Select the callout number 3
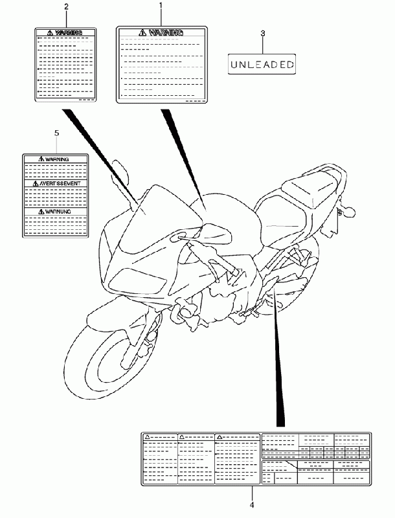point(263,33)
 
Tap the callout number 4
point(251,504)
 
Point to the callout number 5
point(56,133)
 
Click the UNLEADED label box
point(263,64)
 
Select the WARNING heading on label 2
point(67,32)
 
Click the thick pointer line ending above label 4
point(280,363)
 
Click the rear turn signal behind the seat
point(350,210)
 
